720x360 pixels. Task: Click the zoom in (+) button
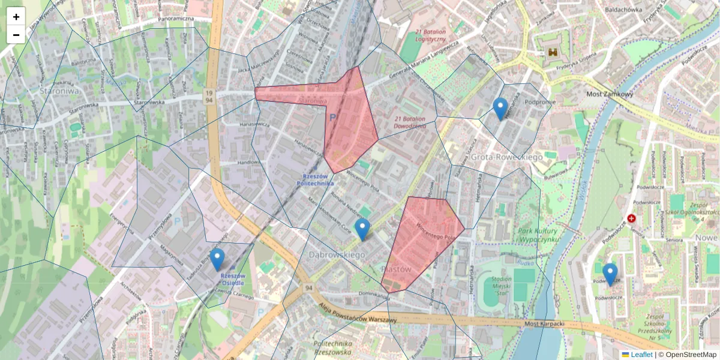coord(16,17)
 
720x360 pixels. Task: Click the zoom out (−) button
coord(16,35)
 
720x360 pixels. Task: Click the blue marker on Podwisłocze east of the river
coord(610,274)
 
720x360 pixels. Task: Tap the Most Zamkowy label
coord(609,94)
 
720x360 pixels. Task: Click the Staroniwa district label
coord(59,91)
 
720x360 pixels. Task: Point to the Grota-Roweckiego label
coord(506,157)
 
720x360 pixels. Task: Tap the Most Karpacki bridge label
coord(545,325)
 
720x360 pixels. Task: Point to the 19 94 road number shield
coord(208,97)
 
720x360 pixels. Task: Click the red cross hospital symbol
coord(631,219)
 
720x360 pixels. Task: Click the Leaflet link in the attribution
coord(641,355)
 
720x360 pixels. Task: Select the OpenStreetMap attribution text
coord(691,355)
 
